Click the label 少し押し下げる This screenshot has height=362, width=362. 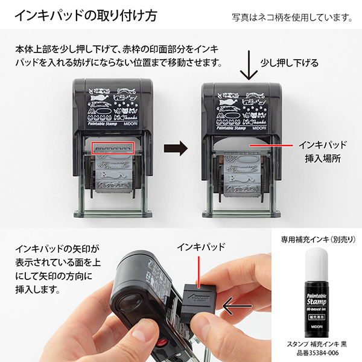click(x=289, y=63)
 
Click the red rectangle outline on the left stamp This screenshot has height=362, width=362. click(x=112, y=148)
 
